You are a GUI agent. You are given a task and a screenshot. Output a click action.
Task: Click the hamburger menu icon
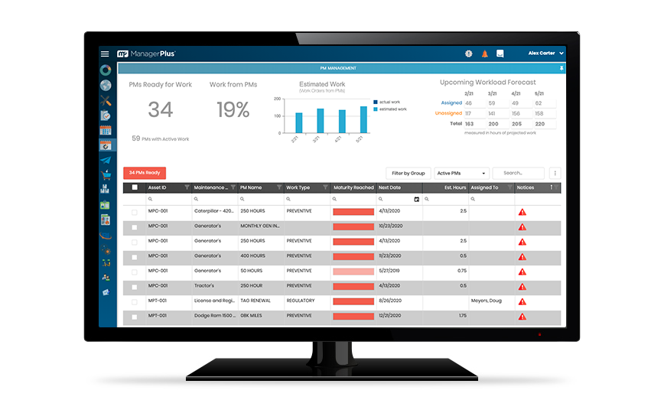[x=105, y=54]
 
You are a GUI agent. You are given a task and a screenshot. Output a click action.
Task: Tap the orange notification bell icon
[x=484, y=54]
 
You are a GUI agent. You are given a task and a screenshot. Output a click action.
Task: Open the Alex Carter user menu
[x=545, y=54]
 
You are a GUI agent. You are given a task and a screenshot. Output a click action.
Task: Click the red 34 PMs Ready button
[x=145, y=173]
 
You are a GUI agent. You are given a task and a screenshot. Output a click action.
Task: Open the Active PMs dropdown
[x=461, y=174]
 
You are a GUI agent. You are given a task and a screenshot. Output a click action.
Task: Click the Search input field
[x=518, y=174]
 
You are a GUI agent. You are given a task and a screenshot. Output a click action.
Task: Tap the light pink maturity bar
[x=353, y=271]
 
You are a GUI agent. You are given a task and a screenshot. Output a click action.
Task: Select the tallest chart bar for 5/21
[x=364, y=119]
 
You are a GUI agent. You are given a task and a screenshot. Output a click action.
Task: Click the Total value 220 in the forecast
[x=540, y=123]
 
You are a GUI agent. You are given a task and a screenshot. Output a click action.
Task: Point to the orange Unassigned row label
[x=448, y=113]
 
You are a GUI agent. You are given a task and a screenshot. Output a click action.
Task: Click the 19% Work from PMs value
[x=233, y=110]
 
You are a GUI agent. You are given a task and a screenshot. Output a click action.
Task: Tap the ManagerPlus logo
[x=146, y=54]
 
